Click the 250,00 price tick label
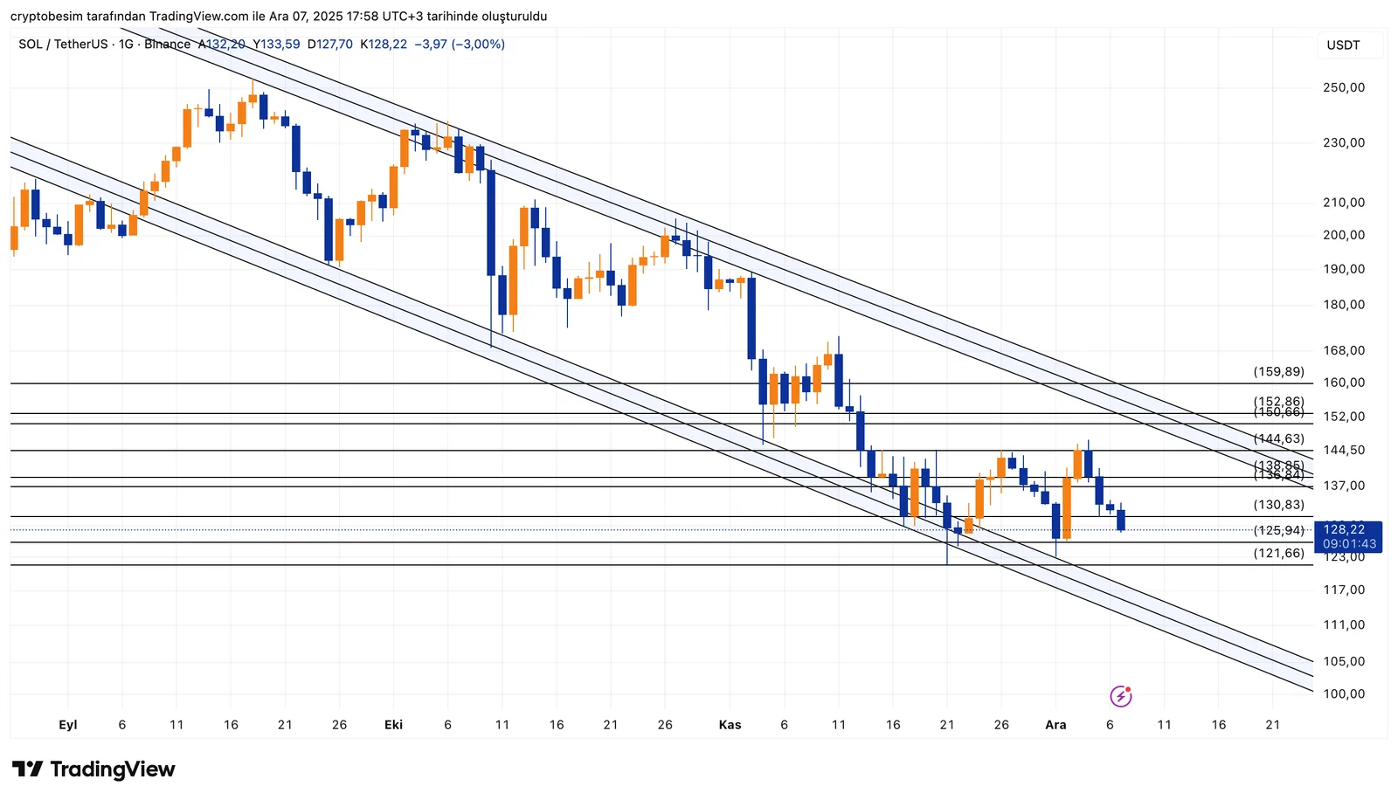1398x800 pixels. click(x=1344, y=87)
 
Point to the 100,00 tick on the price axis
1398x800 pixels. click(x=1344, y=694)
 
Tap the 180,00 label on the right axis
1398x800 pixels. click(x=1344, y=305)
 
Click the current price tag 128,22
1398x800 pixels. click(x=1344, y=529)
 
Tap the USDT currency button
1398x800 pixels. click(x=1343, y=45)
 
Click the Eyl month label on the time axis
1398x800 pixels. click(x=67, y=725)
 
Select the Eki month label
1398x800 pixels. click(x=393, y=725)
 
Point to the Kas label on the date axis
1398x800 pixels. click(x=730, y=725)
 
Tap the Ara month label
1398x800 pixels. click(x=1055, y=725)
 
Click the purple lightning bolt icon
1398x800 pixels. click(x=1121, y=696)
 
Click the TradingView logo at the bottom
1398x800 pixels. click(x=93, y=769)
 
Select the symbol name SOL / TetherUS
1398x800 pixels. click(x=63, y=45)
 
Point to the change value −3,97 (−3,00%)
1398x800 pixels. click(x=460, y=45)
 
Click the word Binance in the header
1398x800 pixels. click(x=167, y=45)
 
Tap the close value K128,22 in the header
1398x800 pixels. click(x=384, y=45)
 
